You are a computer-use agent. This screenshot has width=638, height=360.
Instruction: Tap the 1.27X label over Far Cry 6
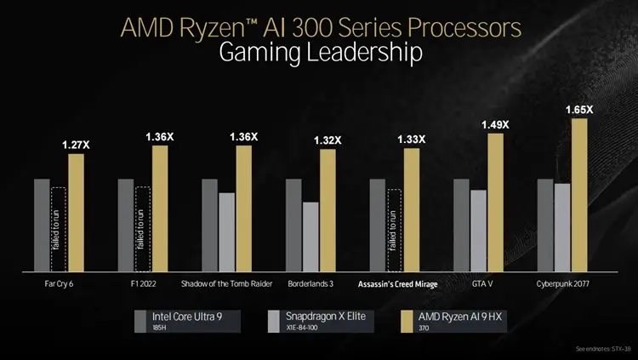(76, 146)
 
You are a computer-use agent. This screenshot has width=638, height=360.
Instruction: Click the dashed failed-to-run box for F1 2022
(142, 227)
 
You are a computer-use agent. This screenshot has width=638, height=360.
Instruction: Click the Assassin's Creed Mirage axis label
(397, 284)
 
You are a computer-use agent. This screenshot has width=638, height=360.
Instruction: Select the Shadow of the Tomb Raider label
(226, 284)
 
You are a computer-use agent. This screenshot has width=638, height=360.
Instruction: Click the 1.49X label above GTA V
(495, 125)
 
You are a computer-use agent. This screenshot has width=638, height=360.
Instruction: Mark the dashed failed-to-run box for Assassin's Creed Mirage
(394, 227)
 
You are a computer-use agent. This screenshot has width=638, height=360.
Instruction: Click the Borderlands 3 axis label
(310, 284)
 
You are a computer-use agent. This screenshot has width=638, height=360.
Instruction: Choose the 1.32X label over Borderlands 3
(328, 140)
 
